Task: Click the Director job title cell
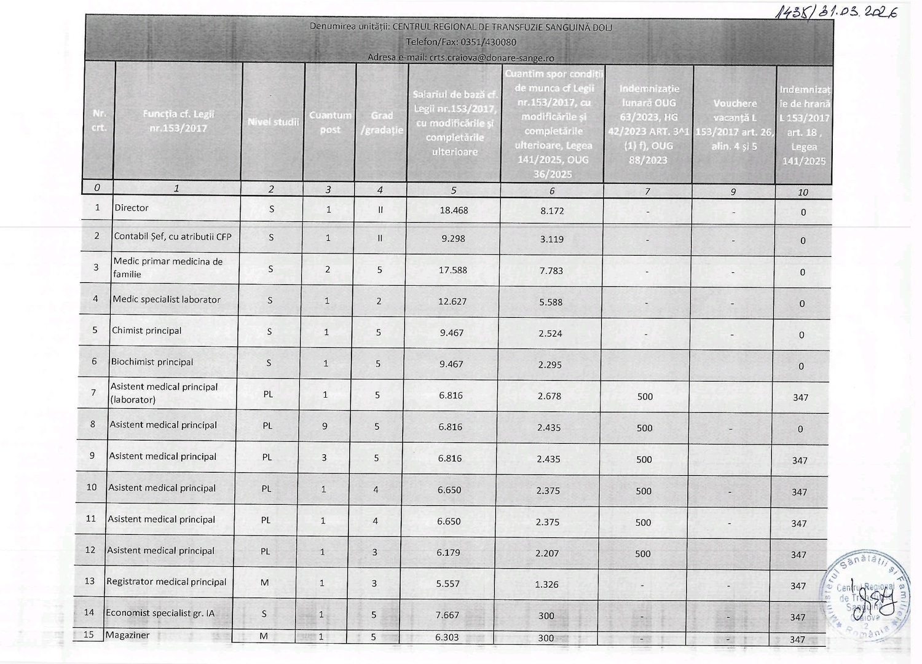click(132, 208)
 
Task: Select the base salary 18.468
click(454, 210)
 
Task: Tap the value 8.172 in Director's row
click(552, 210)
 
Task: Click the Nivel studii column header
click(273, 122)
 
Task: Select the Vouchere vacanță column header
click(735, 125)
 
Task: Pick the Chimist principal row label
click(146, 330)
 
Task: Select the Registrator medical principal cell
click(166, 582)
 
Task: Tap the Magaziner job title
click(127, 635)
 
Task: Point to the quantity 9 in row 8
click(325, 426)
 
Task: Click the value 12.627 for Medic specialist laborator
click(452, 301)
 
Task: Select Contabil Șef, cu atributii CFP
click(172, 237)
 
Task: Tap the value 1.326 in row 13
click(546, 584)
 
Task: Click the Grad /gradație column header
click(382, 122)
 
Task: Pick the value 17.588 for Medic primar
click(452, 270)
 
